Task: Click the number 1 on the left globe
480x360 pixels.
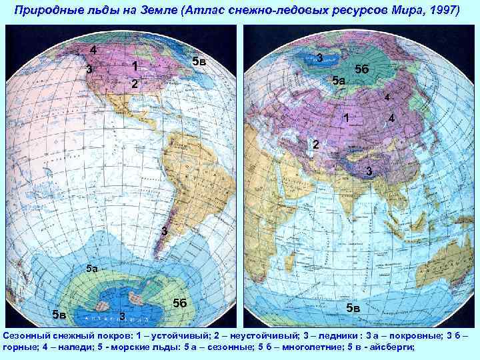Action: pos(135,67)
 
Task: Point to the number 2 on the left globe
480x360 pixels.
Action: pos(134,85)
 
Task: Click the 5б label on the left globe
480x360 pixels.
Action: pos(179,303)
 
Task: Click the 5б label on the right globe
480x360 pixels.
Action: pos(363,69)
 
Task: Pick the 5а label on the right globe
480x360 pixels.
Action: pos(339,81)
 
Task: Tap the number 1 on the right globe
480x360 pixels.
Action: pos(346,119)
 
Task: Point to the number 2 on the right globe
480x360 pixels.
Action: pos(316,144)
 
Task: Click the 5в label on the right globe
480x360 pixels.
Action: pos(353,308)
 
